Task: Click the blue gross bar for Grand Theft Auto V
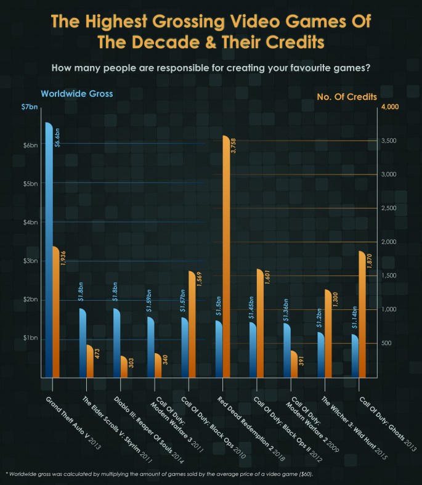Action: coord(49,247)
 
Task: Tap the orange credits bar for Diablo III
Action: coord(123,367)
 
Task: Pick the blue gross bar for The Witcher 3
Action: coord(320,354)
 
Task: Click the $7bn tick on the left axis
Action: coord(29,108)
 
